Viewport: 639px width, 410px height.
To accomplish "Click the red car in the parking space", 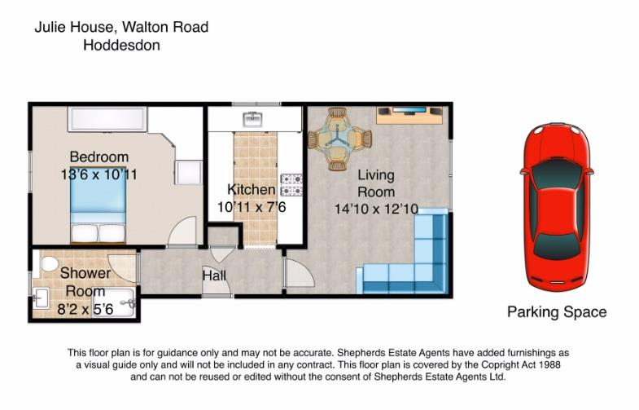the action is (557, 205).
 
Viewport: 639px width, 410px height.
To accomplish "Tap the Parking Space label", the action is (557, 312).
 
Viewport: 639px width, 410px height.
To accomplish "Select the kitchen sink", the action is (253, 119).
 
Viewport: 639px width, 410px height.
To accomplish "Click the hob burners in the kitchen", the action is (291, 185).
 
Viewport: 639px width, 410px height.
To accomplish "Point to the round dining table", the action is (339, 139).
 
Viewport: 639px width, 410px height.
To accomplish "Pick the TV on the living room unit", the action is (409, 110).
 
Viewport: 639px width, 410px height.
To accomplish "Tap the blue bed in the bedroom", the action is (98, 205).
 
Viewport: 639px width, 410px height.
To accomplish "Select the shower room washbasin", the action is (41, 298).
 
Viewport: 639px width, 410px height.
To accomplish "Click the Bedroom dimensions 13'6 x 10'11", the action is (99, 174).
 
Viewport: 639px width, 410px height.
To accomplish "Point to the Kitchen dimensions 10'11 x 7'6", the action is (252, 207).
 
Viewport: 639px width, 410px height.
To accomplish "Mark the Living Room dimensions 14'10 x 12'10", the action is (376, 209).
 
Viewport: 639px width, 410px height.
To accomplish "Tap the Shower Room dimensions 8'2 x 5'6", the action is (85, 309).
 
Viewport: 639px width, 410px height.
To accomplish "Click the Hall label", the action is (214, 276).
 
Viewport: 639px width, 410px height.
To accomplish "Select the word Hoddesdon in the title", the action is (121, 45).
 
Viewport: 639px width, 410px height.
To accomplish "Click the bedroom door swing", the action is (182, 231).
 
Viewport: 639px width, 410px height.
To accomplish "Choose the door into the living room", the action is (300, 273).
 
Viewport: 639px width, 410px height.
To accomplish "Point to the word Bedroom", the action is (99, 157).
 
